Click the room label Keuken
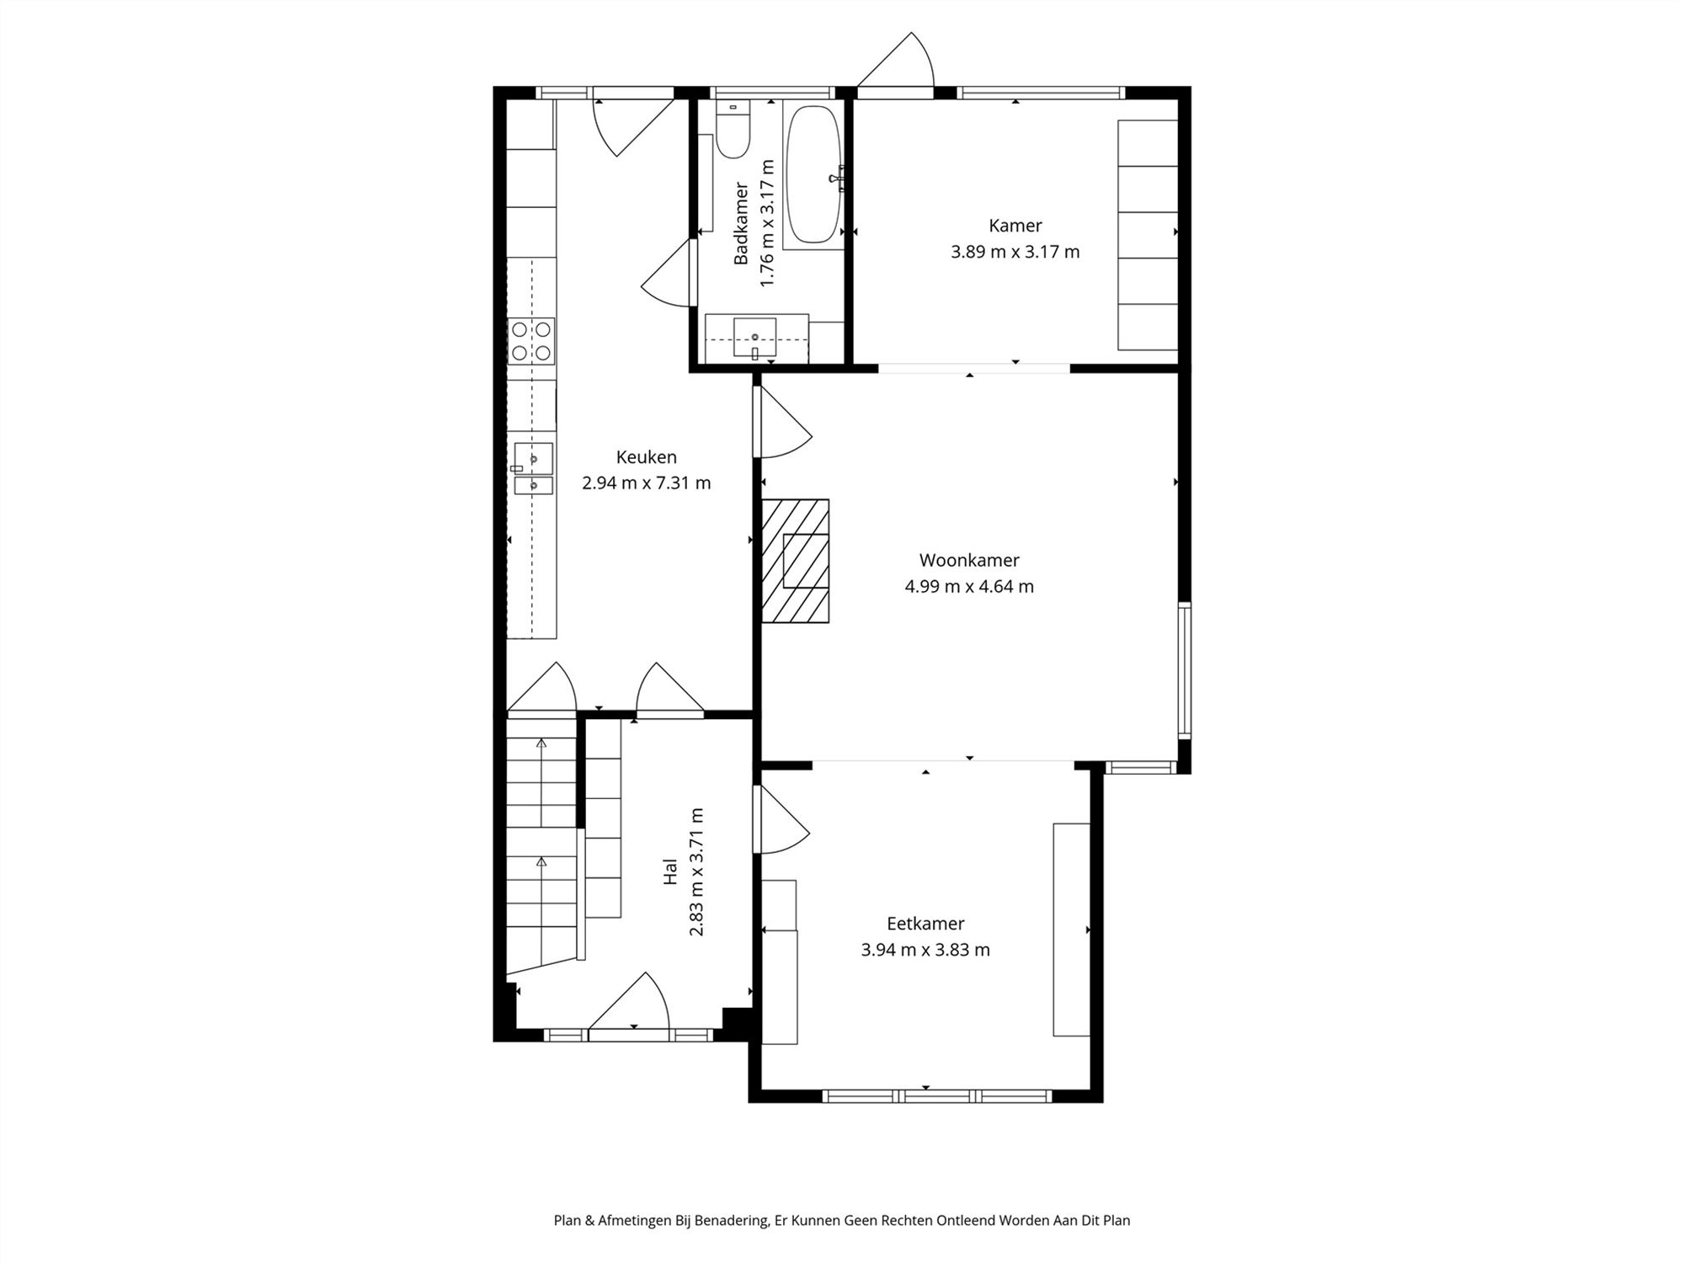(x=646, y=457)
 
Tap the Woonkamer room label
(x=969, y=560)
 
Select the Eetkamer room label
(x=925, y=924)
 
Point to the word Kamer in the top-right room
(x=1015, y=226)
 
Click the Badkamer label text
(x=741, y=223)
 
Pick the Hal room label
(x=670, y=871)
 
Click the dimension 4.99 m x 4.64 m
(x=969, y=586)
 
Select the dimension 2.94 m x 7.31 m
(x=646, y=483)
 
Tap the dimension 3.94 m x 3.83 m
(x=925, y=950)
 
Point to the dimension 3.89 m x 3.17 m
(x=1015, y=252)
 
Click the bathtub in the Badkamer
(x=813, y=174)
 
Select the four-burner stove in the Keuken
(x=531, y=341)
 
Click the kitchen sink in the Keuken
(x=533, y=468)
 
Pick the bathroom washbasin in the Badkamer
(x=755, y=338)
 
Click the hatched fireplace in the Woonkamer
(x=795, y=561)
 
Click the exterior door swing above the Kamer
(x=896, y=60)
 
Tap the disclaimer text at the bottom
(x=842, y=1220)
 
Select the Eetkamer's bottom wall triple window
(x=937, y=1095)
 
